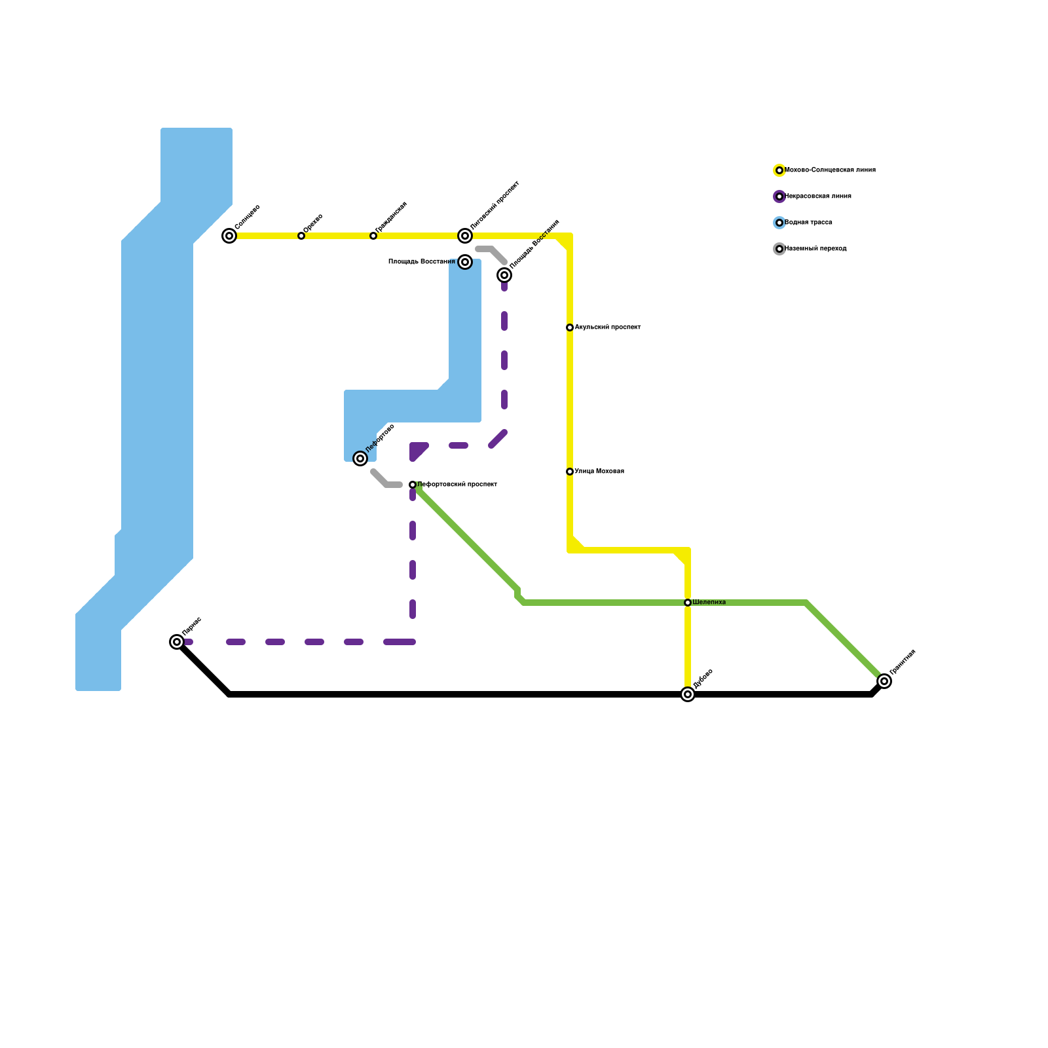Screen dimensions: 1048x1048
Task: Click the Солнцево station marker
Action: (x=229, y=236)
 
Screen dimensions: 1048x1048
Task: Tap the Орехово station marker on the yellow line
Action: (x=301, y=236)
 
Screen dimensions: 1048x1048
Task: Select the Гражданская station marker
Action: (x=373, y=236)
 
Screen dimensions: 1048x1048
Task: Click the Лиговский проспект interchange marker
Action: (x=465, y=236)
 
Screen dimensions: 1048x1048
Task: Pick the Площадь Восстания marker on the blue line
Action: (x=465, y=262)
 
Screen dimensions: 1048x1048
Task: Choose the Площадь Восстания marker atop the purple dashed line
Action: (x=504, y=275)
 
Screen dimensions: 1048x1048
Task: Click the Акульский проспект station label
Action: (x=607, y=327)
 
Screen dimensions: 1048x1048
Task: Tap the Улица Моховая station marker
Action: (x=570, y=472)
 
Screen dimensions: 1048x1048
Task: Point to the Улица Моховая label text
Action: (x=599, y=472)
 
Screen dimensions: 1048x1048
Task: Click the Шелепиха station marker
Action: (x=688, y=603)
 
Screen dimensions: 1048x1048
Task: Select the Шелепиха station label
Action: (x=709, y=603)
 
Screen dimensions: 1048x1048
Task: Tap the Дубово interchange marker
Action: (x=688, y=694)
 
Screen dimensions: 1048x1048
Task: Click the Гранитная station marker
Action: (x=884, y=681)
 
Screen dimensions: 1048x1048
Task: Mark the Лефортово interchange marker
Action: (x=360, y=458)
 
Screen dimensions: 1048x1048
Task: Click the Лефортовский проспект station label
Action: (x=457, y=485)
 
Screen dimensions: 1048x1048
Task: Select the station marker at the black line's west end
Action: (x=177, y=642)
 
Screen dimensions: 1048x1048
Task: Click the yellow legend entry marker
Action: (x=779, y=170)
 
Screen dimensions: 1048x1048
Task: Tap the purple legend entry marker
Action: (x=779, y=196)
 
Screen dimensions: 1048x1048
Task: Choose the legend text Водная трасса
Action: (x=808, y=223)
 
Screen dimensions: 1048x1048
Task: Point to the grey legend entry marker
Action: (x=779, y=249)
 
